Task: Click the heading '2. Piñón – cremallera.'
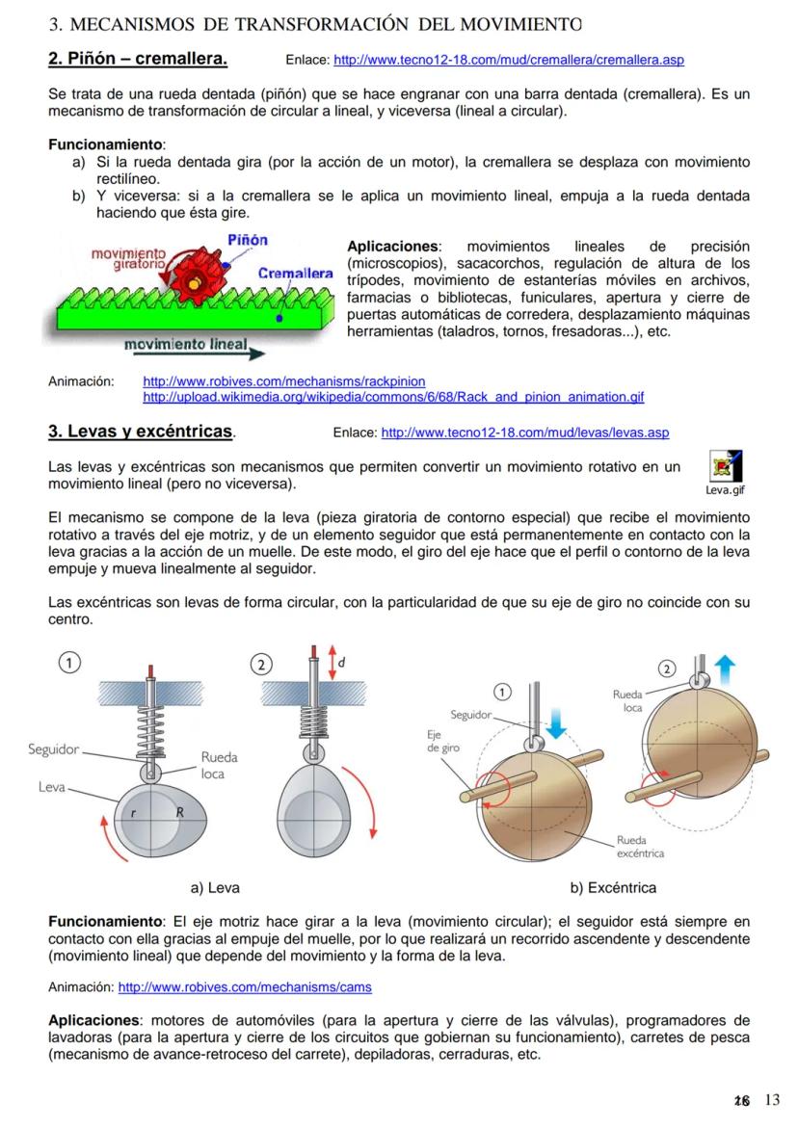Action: pos(138,60)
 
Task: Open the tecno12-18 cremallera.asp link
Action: pos(508,61)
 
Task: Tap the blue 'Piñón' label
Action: pos(248,240)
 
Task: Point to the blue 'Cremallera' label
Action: pos(296,275)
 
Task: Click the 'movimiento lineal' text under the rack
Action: pos(185,344)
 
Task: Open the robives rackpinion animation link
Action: pos(283,381)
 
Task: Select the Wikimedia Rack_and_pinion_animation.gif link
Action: pos(393,397)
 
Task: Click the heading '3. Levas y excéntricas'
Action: pos(141,432)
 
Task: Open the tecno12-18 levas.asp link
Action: pos(525,433)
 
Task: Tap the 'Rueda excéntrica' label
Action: pos(639,846)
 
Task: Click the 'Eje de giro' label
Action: pos(443,740)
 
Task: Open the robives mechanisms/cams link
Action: pos(244,987)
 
